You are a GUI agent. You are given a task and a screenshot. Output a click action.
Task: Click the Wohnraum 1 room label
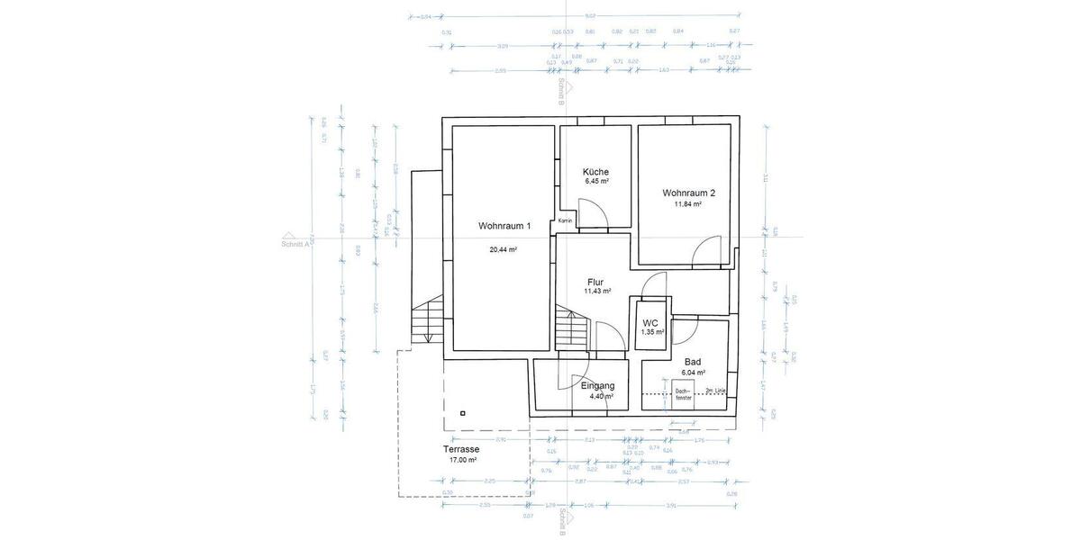(504, 226)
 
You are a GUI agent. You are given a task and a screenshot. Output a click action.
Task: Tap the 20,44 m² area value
(504, 249)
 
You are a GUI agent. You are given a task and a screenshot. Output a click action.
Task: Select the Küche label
(595, 172)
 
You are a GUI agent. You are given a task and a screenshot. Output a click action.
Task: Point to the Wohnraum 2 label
(688, 193)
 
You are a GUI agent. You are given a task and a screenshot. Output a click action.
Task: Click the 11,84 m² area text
(688, 204)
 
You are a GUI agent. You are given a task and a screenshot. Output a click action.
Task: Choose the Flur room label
(595, 282)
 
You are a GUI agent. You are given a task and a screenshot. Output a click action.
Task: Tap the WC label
(650, 322)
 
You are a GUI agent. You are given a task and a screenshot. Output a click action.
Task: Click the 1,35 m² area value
(652, 332)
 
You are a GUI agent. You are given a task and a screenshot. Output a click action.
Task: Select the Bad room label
(693, 361)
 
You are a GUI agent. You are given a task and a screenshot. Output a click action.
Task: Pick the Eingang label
(597, 385)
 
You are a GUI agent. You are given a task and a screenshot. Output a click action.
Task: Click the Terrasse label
(461, 449)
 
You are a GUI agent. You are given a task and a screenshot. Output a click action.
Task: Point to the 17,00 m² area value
(462, 460)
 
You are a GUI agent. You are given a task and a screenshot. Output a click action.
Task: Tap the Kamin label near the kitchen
(566, 220)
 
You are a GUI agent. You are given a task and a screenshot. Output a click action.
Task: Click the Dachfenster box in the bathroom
(683, 392)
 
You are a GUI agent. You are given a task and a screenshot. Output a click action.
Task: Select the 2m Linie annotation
(716, 390)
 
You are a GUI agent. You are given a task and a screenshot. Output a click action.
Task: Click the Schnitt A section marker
(295, 243)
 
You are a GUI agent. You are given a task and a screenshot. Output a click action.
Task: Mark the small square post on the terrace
(462, 413)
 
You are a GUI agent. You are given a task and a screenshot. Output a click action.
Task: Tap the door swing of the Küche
(592, 213)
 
